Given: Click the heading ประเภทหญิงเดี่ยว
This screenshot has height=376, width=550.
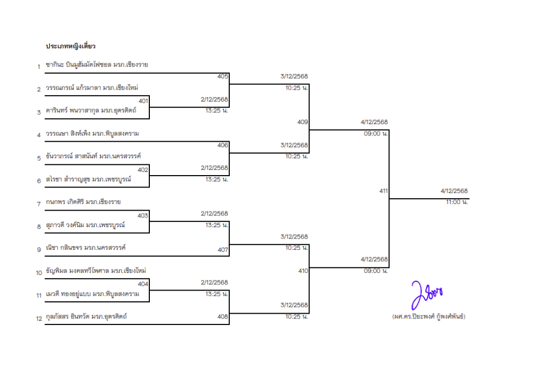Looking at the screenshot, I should pyautogui.click(x=70, y=47).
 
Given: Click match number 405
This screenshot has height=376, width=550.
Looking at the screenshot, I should pyautogui.click(x=223, y=76).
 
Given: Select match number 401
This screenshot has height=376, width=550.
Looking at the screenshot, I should pyautogui.click(x=143, y=100).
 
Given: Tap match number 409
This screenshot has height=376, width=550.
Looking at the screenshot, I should pyautogui.click(x=303, y=122).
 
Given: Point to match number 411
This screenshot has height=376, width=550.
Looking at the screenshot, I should pyautogui.click(x=383, y=191).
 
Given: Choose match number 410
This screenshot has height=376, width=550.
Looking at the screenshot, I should pyautogui.click(x=303, y=271).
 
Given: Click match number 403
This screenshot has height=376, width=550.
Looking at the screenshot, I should pyautogui.click(x=143, y=215).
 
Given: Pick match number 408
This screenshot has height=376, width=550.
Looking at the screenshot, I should pyautogui.click(x=223, y=316).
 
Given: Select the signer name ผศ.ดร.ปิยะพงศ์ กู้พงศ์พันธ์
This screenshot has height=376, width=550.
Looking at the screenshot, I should pyautogui.click(x=429, y=317).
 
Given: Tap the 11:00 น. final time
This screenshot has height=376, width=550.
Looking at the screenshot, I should pyautogui.click(x=457, y=203).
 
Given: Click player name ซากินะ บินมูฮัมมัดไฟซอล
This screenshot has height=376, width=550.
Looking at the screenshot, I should pyautogui.click(x=79, y=65).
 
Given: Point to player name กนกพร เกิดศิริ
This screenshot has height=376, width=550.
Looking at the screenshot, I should pyautogui.click(x=65, y=202).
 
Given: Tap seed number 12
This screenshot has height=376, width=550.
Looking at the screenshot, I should pyautogui.click(x=39, y=319).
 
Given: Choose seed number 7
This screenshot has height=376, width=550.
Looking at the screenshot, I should pyautogui.click(x=39, y=204).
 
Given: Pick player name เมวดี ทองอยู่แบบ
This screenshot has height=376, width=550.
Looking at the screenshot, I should pyautogui.click(x=69, y=294).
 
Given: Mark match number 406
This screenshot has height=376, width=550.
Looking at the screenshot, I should pyautogui.click(x=223, y=145).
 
